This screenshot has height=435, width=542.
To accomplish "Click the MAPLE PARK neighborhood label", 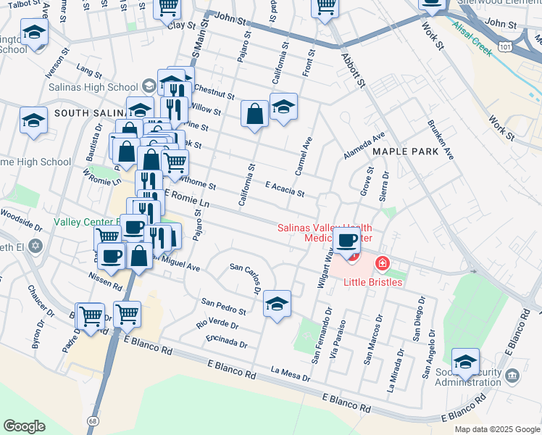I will (x=406, y=152).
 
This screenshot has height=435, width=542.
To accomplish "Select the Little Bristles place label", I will (x=372, y=281).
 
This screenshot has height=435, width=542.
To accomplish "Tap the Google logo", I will (x=24, y=426).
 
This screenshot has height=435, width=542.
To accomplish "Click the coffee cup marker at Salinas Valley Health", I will (x=348, y=241).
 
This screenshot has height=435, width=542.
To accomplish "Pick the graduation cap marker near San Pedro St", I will (x=277, y=304).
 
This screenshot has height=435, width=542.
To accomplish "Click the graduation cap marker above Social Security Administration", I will (x=465, y=362).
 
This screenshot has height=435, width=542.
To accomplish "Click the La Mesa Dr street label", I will (x=290, y=374).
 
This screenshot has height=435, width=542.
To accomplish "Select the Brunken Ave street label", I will (x=441, y=140).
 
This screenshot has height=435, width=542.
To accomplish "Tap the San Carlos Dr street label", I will (x=245, y=278).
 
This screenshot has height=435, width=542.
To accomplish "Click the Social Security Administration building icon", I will (x=512, y=375).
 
